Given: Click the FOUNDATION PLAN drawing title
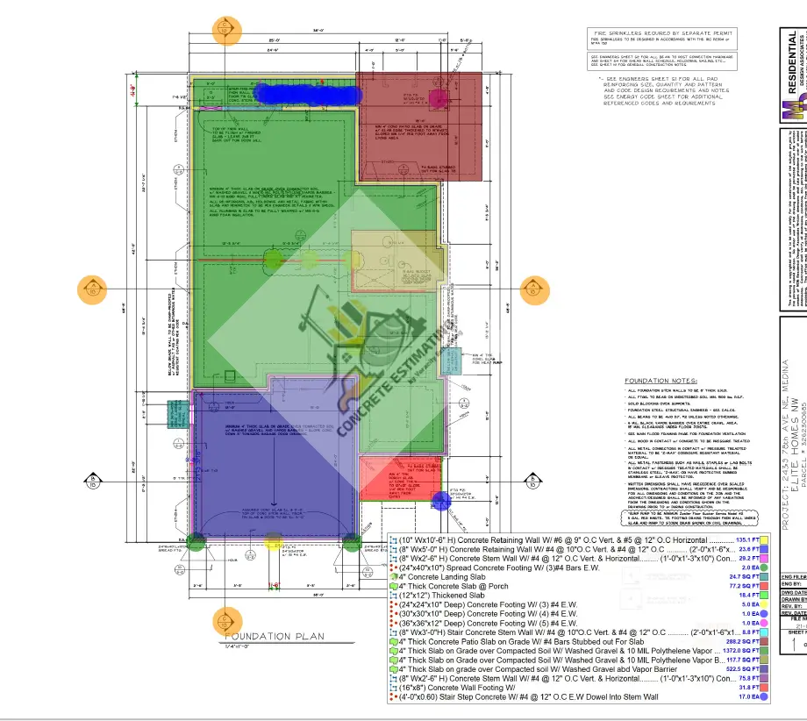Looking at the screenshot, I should pos(273,637).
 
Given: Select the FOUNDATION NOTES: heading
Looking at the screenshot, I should pos(659,381).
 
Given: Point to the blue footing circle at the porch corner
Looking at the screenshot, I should pos(441,500).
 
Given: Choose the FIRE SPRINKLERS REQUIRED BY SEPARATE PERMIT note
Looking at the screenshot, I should pos(662,33).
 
